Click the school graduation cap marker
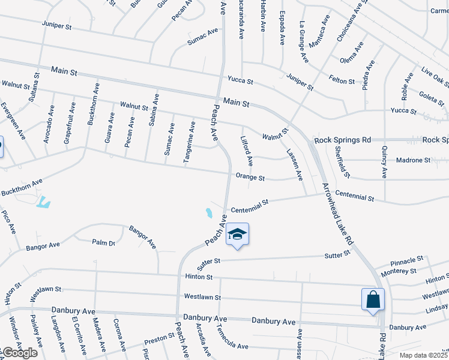tap(237, 234)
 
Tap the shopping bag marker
tap(373, 299)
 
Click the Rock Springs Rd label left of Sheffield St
tap(341, 140)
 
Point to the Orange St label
tap(250, 178)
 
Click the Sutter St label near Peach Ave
tap(209, 262)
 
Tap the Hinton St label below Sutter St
tap(199, 277)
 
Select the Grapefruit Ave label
tap(68, 122)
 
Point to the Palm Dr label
tap(103, 242)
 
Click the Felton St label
tap(342, 79)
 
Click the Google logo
tap(19, 353)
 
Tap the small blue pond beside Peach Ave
tap(208, 212)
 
